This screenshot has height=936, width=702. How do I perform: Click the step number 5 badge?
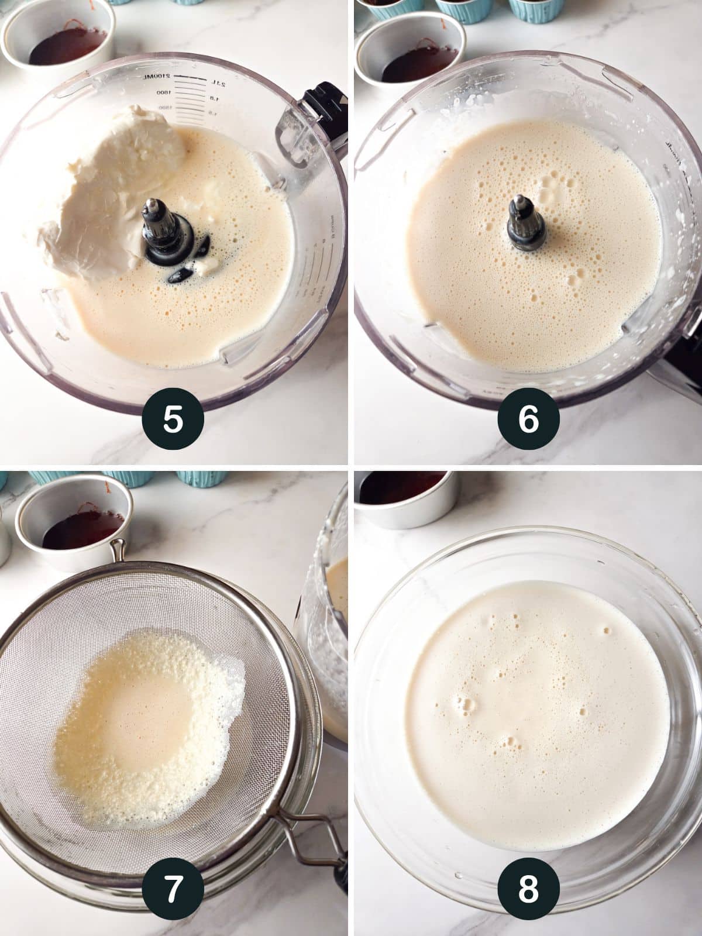pyautogui.click(x=173, y=420)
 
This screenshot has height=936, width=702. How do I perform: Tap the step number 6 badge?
pyautogui.click(x=528, y=420)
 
